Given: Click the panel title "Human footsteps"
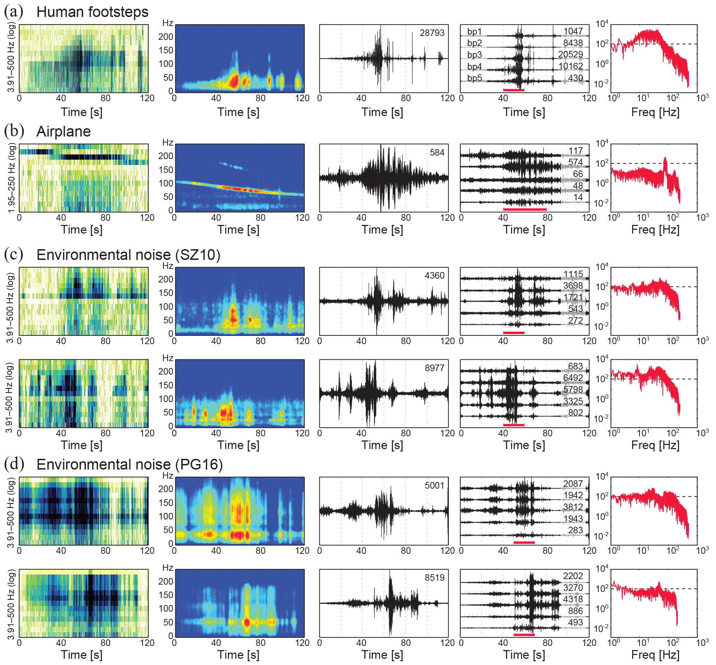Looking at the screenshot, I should click(x=92, y=12).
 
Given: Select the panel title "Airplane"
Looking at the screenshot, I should click(x=63, y=132).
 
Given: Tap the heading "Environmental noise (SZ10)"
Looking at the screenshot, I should click(x=128, y=255).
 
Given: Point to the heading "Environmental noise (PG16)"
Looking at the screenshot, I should click(x=130, y=465).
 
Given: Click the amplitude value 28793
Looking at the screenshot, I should click(x=432, y=33).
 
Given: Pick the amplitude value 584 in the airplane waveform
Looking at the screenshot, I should click(x=437, y=152).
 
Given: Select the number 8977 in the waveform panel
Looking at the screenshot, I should click(x=434, y=368).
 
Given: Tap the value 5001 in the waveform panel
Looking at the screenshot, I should click(x=434, y=485).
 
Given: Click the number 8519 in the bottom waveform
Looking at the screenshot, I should click(x=434, y=578).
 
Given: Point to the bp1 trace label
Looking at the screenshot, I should click(x=474, y=32).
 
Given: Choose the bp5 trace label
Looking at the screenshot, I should click(x=474, y=78).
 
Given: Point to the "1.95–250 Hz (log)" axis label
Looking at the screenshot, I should click(x=11, y=178).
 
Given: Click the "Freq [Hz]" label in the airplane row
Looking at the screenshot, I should click(x=655, y=230).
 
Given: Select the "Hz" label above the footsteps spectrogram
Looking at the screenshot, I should click(x=168, y=23).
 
